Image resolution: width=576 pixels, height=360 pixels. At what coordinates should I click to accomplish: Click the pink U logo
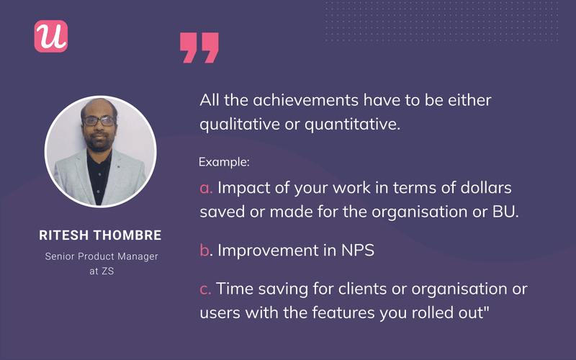pos(50,35)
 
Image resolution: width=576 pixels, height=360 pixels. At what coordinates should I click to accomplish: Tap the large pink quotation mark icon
pos(199,47)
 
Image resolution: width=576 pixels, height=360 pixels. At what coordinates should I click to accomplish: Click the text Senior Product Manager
pos(100,256)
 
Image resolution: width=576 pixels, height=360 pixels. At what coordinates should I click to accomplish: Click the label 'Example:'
pos(225,162)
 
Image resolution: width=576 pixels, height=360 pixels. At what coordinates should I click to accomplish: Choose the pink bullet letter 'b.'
pos(207,250)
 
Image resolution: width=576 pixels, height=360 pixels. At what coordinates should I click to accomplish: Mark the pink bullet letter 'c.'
pos(207,289)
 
